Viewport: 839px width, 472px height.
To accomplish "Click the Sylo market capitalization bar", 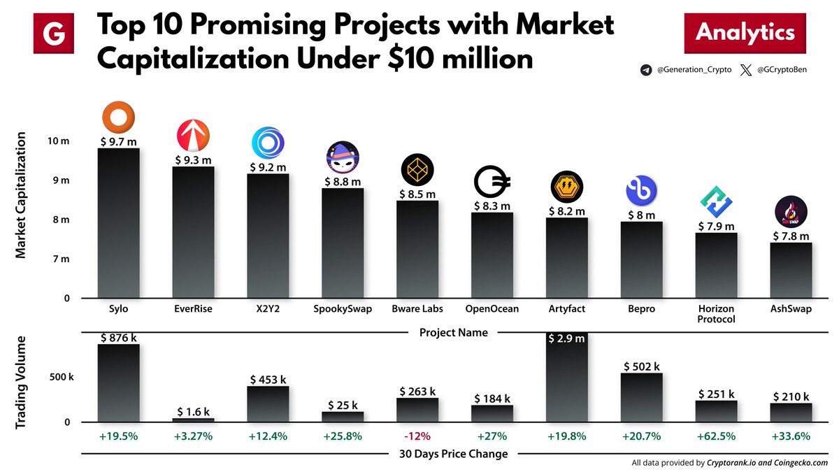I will (118, 222).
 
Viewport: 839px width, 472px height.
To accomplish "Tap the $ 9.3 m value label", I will (193, 160).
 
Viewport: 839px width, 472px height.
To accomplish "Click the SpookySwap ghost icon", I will (343, 158).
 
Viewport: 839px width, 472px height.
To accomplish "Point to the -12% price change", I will (417, 437).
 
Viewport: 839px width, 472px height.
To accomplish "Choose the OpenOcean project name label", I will (492, 308).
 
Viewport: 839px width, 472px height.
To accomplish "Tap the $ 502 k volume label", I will (642, 366).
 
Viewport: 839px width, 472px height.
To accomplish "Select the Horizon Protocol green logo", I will (717, 203).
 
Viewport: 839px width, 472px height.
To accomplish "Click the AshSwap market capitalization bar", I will (791, 270).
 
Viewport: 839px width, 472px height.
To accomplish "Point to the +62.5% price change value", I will (717, 437).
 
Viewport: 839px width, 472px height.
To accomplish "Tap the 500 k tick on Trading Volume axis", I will (62, 378).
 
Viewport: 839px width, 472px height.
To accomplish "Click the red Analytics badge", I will (745, 33).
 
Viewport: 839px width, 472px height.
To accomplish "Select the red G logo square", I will (54, 33).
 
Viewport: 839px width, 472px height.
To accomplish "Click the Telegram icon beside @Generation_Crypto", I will (645, 71).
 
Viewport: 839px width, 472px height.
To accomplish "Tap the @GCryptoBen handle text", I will (783, 71).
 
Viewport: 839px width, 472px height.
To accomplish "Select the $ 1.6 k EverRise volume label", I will (193, 411).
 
